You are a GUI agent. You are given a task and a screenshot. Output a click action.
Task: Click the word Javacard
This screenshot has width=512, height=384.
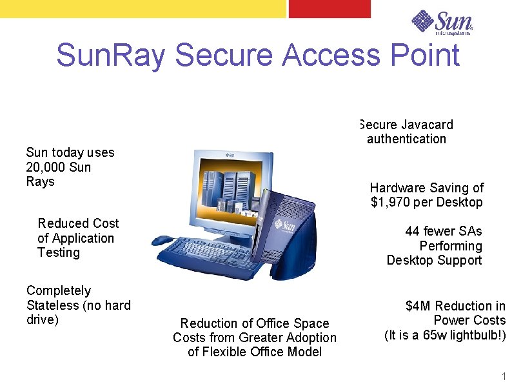tap(427, 125)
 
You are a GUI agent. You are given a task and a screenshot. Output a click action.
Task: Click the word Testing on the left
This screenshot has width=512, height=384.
tap(59, 252)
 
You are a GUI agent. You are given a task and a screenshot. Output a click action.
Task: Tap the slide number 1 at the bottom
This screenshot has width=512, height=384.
tap(504, 376)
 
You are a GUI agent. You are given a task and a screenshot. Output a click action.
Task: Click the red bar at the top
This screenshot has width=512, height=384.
tap(330, 8)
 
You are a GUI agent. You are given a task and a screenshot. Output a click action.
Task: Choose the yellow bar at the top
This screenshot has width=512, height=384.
tap(143, 8)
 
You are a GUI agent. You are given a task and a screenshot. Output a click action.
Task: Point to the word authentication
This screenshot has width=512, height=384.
tap(406, 139)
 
